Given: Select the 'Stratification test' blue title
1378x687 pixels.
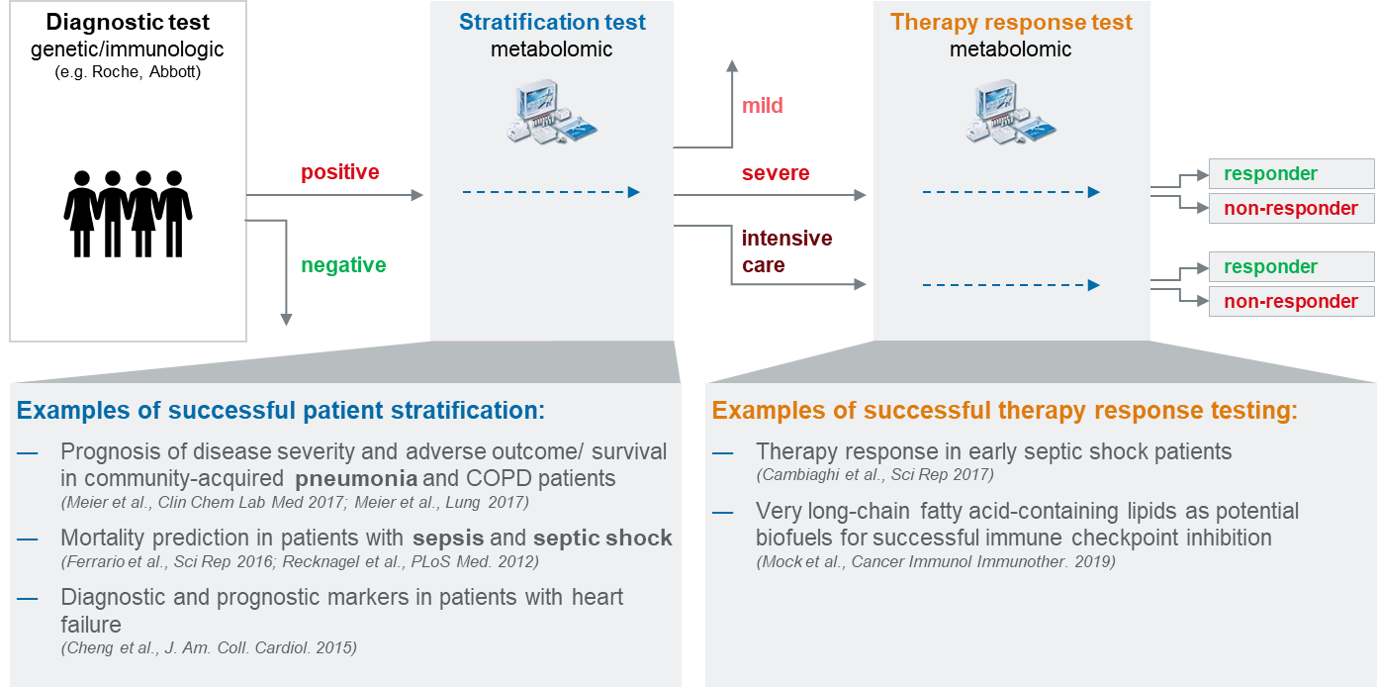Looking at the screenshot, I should pyautogui.click(x=553, y=22).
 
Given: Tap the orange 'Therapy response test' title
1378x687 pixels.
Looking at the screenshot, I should pyautogui.click(x=1011, y=22).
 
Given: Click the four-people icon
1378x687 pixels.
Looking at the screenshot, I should pyautogui.click(x=128, y=213).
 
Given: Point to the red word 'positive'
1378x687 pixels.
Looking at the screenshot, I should pyautogui.click(x=340, y=172).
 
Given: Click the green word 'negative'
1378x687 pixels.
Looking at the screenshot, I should pyautogui.click(x=343, y=265).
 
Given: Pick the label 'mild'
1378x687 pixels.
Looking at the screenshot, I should pyautogui.click(x=762, y=105).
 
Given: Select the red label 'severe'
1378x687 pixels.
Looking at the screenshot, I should pyautogui.click(x=776, y=173).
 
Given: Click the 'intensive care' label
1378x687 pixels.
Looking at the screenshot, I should pyautogui.click(x=786, y=251).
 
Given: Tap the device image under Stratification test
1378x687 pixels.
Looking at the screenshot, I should pyautogui.click(x=553, y=112).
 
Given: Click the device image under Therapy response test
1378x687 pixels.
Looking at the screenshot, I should pyautogui.click(x=1011, y=112).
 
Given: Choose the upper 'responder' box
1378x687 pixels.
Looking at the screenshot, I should pyautogui.click(x=1290, y=174).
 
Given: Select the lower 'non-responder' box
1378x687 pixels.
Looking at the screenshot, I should pyautogui.click(x=1290, y=302).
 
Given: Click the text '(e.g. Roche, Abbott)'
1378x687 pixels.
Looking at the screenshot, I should pyautogui.click(x=129, y=71).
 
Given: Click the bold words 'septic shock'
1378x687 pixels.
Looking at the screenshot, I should pyautogui.click(x=602, y=539).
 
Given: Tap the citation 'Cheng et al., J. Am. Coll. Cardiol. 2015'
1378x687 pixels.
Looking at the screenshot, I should pyautogui.click(x=209, y=647).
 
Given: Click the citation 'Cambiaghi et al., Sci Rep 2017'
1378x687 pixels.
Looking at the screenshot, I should pyautogui.click(x=875, y=475).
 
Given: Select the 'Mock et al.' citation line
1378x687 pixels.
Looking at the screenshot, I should pyautogui.click(x=936, y=561).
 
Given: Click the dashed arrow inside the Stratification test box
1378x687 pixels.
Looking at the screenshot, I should pyautogui.click(x=551, y=192).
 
